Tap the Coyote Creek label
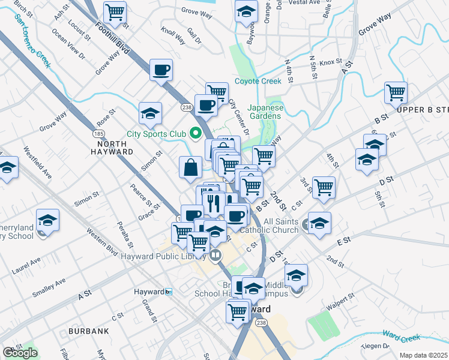258,81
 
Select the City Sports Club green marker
195,133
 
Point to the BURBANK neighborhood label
88,331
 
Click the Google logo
20,353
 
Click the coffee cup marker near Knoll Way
161,70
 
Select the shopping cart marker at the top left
115,11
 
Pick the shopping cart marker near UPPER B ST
396,92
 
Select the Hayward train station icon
169,292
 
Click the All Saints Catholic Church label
269,226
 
